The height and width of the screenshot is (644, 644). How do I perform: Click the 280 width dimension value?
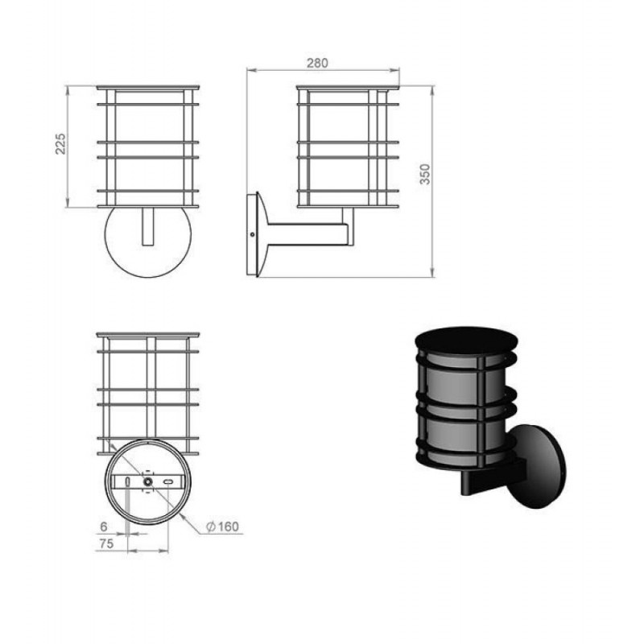click(x=317, y=63)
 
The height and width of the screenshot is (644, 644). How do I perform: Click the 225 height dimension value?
click(x=60, y=144)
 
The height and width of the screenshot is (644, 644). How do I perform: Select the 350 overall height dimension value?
click(x=425, y=174)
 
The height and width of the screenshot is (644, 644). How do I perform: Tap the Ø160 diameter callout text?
click(x=222, y=526)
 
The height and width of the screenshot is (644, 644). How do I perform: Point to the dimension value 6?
click(x=104, y=526)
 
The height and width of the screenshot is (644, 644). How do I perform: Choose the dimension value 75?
click(x=106, y=543)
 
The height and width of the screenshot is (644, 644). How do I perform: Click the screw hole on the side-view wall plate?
click(x=252, y=235)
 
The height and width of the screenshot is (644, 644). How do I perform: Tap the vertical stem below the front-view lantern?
click(x=148, y=227)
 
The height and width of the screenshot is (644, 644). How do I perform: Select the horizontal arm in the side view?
click(x=306, y=234)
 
